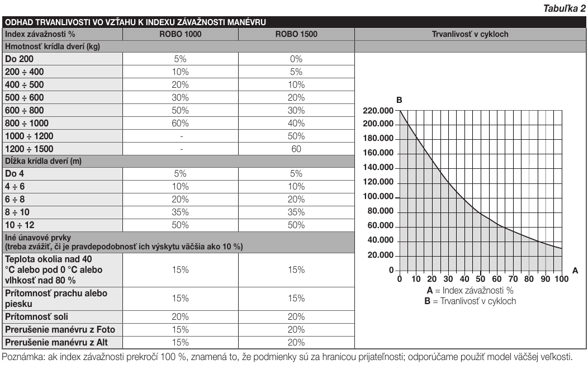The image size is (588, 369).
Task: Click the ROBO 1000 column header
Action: [x=181, y=34]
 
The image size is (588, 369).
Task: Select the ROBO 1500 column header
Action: [x=296, y=34]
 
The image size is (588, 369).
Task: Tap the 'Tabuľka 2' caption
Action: [x=565, y=8]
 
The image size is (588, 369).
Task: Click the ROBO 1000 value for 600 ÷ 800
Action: [x=181, y=111]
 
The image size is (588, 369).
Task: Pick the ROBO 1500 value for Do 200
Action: [x=296, y=59]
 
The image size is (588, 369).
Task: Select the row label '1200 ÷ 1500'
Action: [x=29, y=149]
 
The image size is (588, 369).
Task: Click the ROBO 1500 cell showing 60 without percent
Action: [x=296, y=149]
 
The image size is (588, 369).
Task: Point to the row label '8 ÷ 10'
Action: [x=17, y=212]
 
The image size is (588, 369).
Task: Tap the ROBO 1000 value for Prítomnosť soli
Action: [x=181, y=317]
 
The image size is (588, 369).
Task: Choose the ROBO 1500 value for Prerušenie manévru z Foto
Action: [x=296, y=330]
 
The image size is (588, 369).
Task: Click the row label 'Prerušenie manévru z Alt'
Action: [x=56, y=342]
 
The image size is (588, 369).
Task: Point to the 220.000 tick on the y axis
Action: [x=378, y=111]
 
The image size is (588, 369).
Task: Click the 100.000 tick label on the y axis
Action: [x=378, y=196]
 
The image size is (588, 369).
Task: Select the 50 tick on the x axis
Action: [x=480, y=279]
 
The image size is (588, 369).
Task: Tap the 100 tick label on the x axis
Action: [x=562, y=279]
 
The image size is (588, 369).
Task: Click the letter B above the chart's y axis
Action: [x=399, y=100]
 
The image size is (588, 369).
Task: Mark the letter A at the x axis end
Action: [x=575, y=271]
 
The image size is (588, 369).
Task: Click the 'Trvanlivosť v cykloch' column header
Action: [x=470, y=34]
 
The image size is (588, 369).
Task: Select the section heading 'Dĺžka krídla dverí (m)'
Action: [x=43, y=161]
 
